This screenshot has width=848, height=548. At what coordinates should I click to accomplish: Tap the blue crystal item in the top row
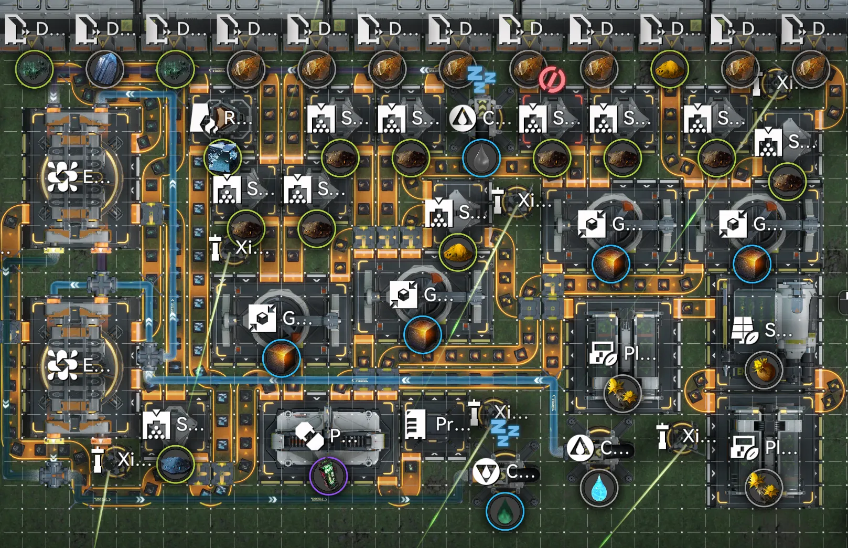click(105, 69)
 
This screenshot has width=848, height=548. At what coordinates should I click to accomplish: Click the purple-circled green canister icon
click(328, 476)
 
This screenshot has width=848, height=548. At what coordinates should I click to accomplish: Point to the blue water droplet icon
click(599, 488)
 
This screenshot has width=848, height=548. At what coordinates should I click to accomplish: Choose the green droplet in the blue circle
click(504, 511)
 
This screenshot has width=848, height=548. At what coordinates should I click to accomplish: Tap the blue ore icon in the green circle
click(175, 465)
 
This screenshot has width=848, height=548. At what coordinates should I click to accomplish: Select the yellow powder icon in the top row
click(670, 69)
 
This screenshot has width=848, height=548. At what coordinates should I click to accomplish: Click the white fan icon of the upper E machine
click(62, 177)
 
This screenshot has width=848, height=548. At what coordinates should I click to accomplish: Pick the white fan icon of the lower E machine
click(62, 365)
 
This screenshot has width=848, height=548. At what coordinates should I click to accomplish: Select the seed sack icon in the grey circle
click(764, 370)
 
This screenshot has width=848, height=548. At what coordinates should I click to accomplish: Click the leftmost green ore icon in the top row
click(34, 69)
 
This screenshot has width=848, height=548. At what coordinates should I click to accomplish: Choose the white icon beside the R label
click(204, 118)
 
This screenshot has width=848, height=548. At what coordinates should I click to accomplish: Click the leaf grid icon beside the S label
click(745, 330)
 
